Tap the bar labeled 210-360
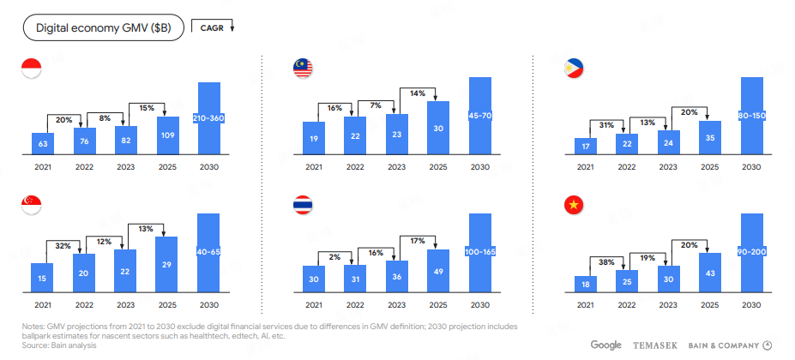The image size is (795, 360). (x=209, y=118)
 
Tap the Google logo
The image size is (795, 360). (x=605, y=345)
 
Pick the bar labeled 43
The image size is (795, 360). (x=709, y=273)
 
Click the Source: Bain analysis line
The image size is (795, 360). (x=59, y=345)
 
